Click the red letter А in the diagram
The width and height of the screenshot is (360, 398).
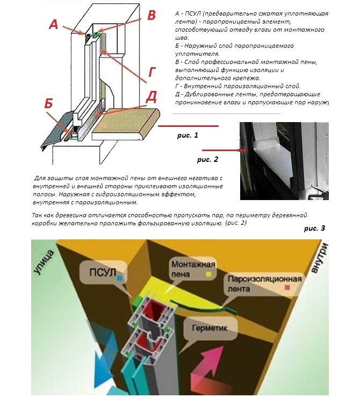[x=54, y=25]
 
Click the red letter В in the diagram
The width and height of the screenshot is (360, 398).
[x=152, y=15]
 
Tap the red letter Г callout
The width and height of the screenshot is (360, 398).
[x=152, y=72]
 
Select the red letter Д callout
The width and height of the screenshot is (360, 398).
[x=152, y=97]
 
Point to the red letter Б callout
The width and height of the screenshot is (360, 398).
[x=49, y=103]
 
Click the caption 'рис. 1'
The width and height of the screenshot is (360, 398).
[x=188, y=136]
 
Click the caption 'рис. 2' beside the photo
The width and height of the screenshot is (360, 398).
[x=207, y=159]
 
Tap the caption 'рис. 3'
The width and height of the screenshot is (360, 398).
[x=314, y=229]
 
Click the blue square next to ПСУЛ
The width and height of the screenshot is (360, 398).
[x=120, y=279]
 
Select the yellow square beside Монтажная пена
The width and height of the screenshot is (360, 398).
[x=209, y=274]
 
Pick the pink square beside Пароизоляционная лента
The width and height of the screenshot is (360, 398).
[x=287, y=288]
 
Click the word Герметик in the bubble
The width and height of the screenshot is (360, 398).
[x=210, y=328]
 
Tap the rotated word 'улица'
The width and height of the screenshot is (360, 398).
[x=44, y=262]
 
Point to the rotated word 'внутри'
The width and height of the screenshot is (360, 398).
[x=319, y=258]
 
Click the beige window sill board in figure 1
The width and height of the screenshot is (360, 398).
[x=126, y=124]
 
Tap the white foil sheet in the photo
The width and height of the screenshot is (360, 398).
[x=274, y=162]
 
